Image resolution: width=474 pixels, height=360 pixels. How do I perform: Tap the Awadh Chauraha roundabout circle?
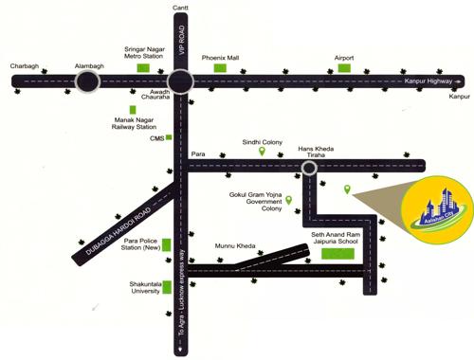(x=180, y=82)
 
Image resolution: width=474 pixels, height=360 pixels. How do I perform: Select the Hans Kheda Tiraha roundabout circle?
(x=308, y=169)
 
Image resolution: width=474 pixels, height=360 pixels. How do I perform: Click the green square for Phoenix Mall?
(x=220, y=68)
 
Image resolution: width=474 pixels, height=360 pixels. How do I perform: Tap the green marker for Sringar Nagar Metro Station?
(x=145, y=68)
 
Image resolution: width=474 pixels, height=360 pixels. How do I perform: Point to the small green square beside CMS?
(x=169, y=137)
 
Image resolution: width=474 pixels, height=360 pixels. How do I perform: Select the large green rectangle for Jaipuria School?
(x=337, y=252)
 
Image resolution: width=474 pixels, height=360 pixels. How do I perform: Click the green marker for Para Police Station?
(x=167, y=245)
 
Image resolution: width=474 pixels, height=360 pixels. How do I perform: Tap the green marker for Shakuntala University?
(x=167, y=286)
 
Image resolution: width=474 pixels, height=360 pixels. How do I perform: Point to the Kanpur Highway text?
(x=426, y=82)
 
